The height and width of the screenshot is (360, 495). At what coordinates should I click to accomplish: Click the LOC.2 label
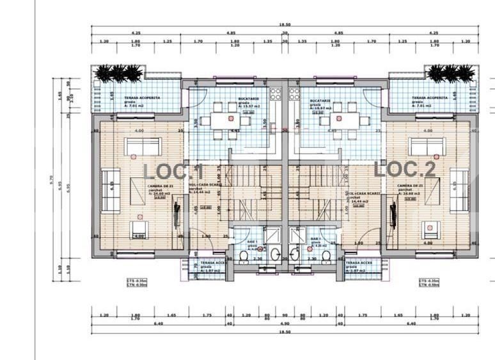405,169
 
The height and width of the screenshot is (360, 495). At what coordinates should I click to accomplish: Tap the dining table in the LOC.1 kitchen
227,120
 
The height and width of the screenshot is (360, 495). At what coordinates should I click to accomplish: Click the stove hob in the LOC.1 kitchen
276,95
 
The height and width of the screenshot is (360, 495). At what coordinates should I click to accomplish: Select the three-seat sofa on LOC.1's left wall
110,190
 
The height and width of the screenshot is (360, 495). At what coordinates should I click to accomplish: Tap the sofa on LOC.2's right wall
459,190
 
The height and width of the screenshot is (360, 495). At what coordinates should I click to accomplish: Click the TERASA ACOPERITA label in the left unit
143,98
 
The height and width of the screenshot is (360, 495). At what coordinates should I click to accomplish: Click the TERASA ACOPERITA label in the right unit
430,98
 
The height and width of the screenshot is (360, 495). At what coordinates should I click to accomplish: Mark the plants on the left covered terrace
118,74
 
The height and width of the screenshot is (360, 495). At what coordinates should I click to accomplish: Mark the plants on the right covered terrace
452,74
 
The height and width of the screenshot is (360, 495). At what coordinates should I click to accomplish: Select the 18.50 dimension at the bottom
285,332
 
